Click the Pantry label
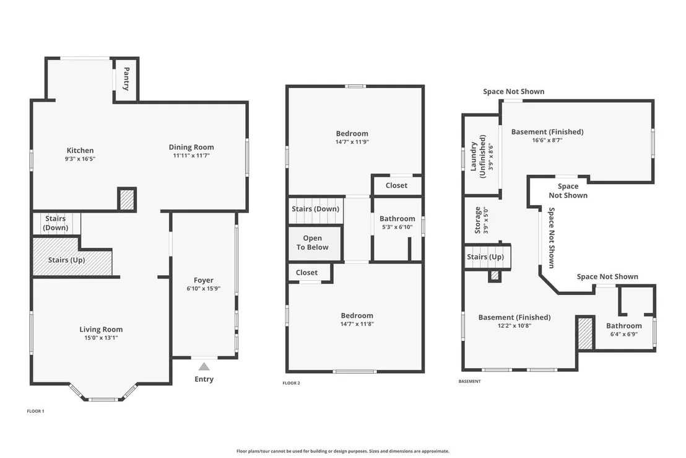(126, 79)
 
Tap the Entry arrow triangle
(204, 366)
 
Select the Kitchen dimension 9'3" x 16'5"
(80, 159)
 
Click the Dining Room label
(191, 147)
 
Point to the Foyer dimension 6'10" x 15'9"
(204, 289)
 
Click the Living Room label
(101, 329)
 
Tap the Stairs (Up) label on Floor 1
(66, 260)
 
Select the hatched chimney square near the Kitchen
(127, 199)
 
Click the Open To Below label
(313, 242)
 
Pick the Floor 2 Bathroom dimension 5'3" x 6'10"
(397, 227)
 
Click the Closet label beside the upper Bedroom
(396, 185)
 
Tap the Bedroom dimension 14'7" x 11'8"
(357, 324)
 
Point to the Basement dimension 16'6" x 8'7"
(547, 140)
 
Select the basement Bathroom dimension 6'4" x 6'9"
(624, 334)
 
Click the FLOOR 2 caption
(292, 383)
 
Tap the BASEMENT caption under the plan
(469, 381)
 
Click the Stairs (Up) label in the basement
(485, 257)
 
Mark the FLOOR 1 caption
(35, 411)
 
